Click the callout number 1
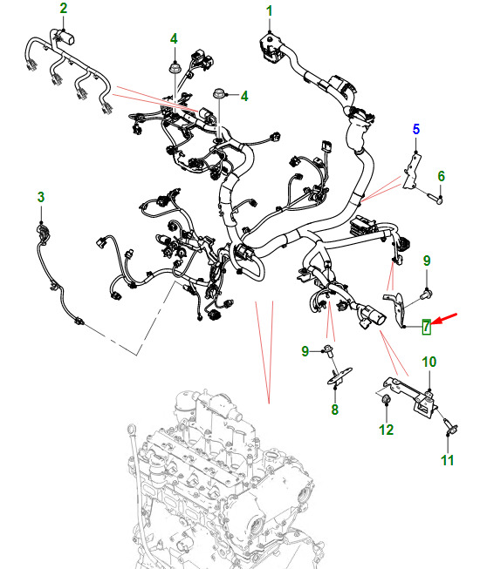[x=270, y=11]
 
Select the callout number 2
[x=64, y=9]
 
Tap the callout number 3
[x=41, y=197]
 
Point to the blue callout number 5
[x=416, y=129]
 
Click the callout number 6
[x=441, y=176]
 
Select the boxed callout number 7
[x=426, y=327]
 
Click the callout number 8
[x=334, y=410]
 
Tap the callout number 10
[x=429, y=362]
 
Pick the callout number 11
[x=448, y=460]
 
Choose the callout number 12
[x=387, y=430]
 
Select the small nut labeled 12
[x=386, y=400]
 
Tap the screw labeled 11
[x=450, y=426]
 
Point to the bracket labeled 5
[x=413, y=171]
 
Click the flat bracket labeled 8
[x=340, y=376]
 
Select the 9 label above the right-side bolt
[x=427, y=261]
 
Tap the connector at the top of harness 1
[x=270, y=48]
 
